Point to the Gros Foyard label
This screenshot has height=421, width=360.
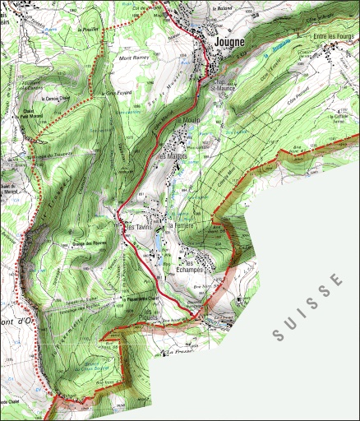[x=120, y=94]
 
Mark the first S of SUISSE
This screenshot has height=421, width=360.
[x=279, y=335]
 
